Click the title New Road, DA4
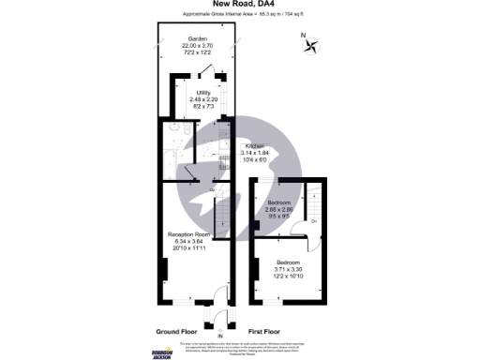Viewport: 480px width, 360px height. point(240,5)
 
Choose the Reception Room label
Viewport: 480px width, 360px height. point(188,232)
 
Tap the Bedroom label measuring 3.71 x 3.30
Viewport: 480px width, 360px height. point(288,262)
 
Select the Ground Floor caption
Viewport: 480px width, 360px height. point(178,331)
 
